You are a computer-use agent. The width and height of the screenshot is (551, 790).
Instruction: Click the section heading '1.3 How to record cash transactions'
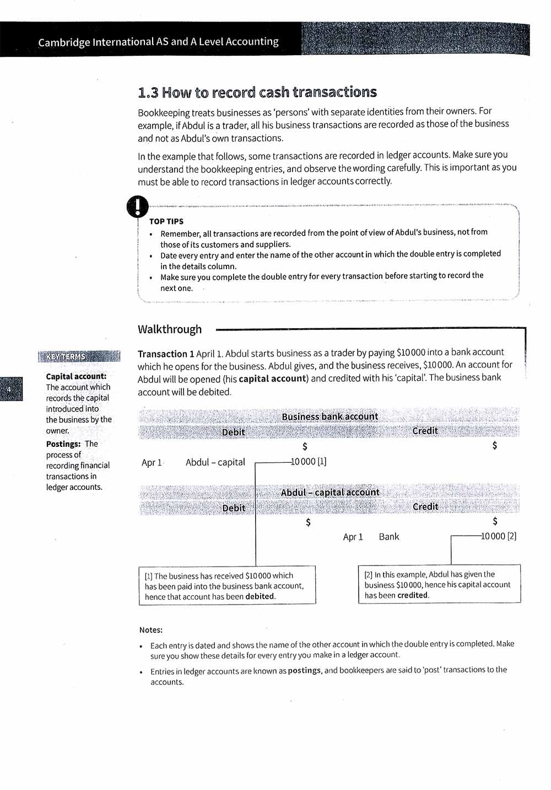pos(257,92)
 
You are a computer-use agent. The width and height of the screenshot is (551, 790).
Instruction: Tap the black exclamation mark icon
pos(137,206)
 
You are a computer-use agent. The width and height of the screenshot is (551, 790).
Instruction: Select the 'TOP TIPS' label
pos(166,221)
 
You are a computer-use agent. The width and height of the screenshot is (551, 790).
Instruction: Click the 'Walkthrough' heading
pos(170,329)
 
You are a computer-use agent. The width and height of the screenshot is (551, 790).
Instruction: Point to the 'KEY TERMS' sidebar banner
pos(79,356)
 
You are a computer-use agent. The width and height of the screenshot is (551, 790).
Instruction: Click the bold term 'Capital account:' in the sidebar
pos(76,376)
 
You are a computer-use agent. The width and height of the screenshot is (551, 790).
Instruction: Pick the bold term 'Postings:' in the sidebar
pos(63,444)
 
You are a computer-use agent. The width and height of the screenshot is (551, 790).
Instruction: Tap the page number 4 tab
pos(9,389)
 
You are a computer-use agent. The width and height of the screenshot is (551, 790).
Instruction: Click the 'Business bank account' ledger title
pos(329,417)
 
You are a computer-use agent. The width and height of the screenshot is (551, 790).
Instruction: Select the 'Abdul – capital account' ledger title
pos(330,492)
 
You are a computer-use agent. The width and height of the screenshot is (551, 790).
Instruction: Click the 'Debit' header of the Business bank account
pos(233,432)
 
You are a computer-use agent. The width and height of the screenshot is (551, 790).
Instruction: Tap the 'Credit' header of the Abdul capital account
pos(425,506)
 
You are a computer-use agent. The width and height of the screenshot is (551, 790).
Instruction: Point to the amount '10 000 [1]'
pos(309,462)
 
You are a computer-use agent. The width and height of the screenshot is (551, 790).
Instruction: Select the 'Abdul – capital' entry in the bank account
pos(215,462)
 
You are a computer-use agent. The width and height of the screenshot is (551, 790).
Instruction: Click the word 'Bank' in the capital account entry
pos(389,537)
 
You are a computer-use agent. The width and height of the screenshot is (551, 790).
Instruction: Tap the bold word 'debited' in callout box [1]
pos(260,596)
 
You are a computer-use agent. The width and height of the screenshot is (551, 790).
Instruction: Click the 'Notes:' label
pos(150,629)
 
